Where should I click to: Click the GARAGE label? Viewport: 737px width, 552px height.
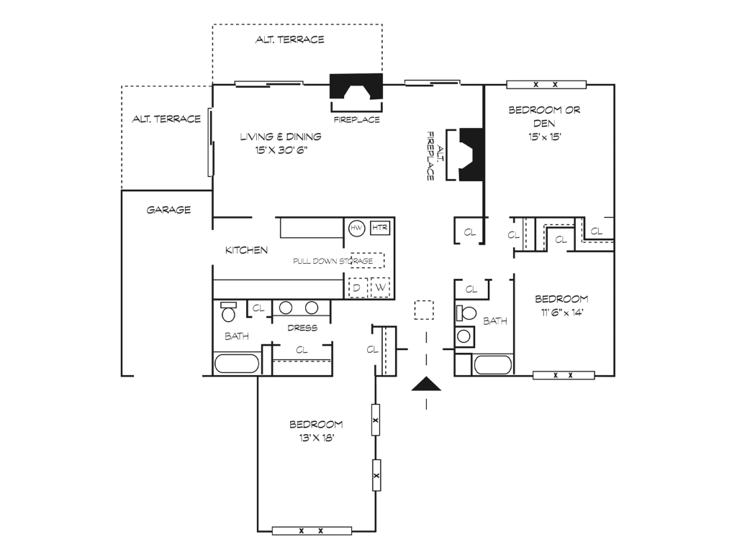(x=168, y=210)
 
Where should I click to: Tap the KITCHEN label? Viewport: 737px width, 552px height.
(x=246, y=250)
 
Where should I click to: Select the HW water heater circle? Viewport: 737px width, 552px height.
(x=357, y=229)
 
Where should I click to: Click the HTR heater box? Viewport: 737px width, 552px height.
(x=380, y=228)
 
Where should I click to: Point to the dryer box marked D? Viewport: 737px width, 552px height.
(x=357, y=287)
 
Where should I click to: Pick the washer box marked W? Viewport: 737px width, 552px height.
(x=380, y=287)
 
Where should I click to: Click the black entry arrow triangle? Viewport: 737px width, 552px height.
(x=426, y=384)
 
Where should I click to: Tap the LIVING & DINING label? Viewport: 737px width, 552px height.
(x=281, y=137)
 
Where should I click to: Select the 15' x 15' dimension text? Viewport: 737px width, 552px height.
(x=545, y=137)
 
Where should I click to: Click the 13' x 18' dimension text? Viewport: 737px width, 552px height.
(x=317, y=438)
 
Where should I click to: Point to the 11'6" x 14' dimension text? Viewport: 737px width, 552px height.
(x=561, y=313)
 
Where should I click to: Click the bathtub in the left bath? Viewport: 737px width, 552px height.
(x=237, y=364)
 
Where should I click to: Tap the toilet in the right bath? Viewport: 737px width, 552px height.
(x=466, y=313)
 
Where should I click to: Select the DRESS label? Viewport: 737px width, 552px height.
(x=302, y=328)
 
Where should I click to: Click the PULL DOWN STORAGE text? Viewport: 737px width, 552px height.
(x=333, y=261)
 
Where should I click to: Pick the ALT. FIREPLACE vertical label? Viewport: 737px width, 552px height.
(x=435, y=155)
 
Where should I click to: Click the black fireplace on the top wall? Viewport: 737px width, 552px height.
(x=356, y=86)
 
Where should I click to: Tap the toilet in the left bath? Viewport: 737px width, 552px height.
(x=228, y=311)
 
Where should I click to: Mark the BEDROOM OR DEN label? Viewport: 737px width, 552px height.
(x=545, y=116)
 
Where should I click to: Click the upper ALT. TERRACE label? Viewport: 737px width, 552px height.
(x=289, y=40)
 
